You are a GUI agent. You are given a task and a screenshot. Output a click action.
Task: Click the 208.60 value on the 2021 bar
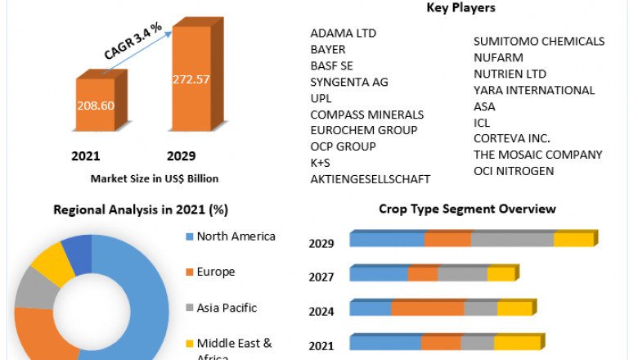pyautogui.click(x=95, y=106)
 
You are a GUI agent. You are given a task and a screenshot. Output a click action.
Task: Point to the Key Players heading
pyautogui.click(x=461, y=8)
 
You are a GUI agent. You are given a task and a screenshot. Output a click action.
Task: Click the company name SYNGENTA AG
pyautogui.click(x=349, y=82)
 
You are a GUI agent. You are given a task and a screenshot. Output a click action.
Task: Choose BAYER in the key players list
pyautogui.click(x=328, y=50)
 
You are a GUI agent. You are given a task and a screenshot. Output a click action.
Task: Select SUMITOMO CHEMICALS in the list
pyautogui.click(x=539, y=41)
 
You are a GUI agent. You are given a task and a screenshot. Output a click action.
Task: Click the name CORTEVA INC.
pyautogui.click(x=512, y=138)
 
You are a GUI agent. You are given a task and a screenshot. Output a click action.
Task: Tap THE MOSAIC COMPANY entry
pyautogui.click(x=537, y=155)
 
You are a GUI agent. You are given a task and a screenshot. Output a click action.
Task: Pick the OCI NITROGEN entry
pyautogui.click(x=514, y=170)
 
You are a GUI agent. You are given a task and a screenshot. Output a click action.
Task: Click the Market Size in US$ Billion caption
pyautogui.click(x=155, y=178)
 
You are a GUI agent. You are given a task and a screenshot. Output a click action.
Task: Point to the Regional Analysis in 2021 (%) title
pyautogui.click(x=141, y=209)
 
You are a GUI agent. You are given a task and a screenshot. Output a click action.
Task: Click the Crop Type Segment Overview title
pyautogui.click(x=467, y=209)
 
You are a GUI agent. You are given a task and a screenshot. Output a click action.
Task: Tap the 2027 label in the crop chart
pyautogui.click(x=321, y=277)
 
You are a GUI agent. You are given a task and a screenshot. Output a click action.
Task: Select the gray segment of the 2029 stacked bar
pyautogui.click(x=512, y=240)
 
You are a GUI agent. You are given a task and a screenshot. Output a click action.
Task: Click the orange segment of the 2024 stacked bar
pyautogui.click(x=427, y=308)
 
